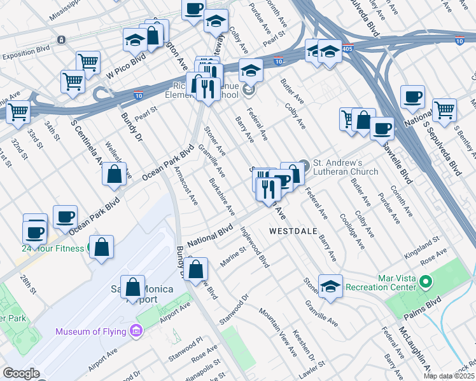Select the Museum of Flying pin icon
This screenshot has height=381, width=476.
point(135,331)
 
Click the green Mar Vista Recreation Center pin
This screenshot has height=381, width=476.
point(426,281)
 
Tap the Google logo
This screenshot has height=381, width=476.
point(21,373)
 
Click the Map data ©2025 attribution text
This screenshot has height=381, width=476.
point(449,376)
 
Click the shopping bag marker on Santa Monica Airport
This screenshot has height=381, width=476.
point(132,288)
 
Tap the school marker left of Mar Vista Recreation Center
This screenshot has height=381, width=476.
point(330,286)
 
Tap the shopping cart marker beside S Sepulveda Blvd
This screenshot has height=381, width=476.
point(444,109)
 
